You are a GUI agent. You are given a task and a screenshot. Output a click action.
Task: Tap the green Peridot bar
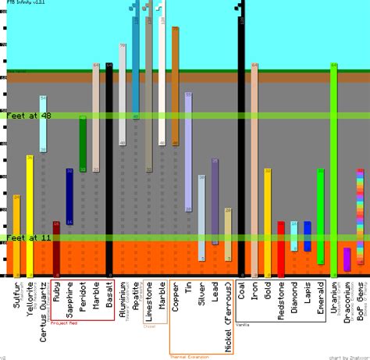click(83, 144)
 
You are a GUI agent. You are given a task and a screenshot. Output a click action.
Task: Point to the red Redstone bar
click(281, 249)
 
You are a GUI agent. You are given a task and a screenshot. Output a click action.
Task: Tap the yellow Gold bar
click(268, 223)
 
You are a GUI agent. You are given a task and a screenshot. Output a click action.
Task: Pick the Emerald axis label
click(320, 297)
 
